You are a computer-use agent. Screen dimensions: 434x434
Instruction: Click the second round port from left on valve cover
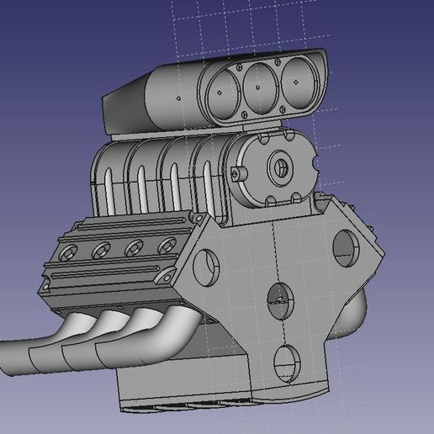pos(102,249)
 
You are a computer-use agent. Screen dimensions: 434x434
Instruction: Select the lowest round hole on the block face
pos(287,361)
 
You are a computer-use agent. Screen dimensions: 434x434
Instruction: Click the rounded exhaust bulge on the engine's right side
pos(357,311)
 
